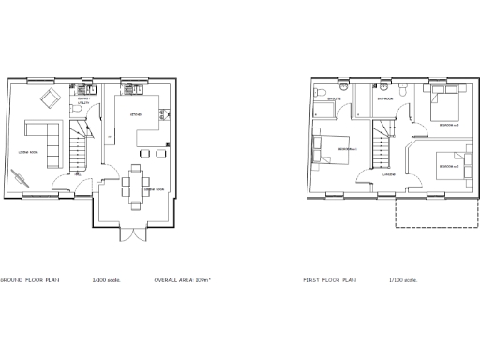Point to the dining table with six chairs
click(136, 177)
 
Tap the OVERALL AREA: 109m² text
click(182, 280)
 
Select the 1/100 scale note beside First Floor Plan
click(403, 280)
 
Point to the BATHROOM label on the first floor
click(384, 97)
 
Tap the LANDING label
click(387, 174)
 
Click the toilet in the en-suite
click(321, 93)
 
